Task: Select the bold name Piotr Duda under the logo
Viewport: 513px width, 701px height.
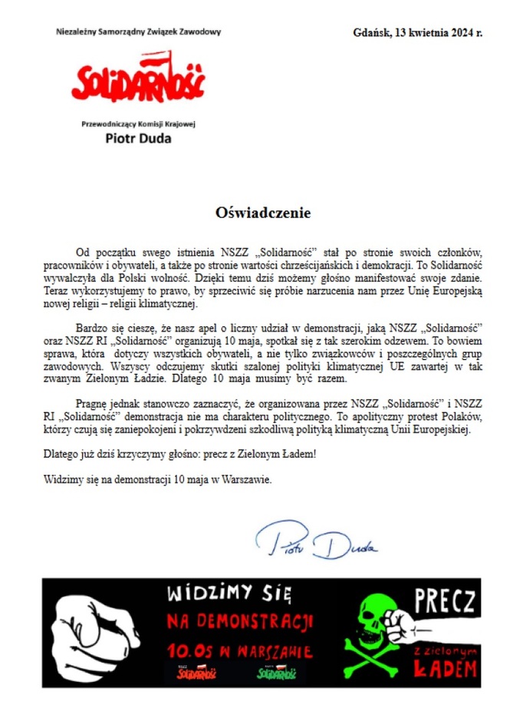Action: [138, 139]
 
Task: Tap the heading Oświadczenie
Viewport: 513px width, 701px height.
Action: [262, 213]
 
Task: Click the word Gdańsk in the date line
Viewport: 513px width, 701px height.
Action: [371, 33]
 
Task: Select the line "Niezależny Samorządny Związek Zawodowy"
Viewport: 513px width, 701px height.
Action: [139, 32]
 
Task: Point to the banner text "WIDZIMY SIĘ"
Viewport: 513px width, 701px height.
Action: [230, 594]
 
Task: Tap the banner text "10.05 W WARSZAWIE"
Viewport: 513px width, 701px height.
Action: [240, 651]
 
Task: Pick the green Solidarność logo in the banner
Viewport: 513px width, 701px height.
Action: [277, 673]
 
